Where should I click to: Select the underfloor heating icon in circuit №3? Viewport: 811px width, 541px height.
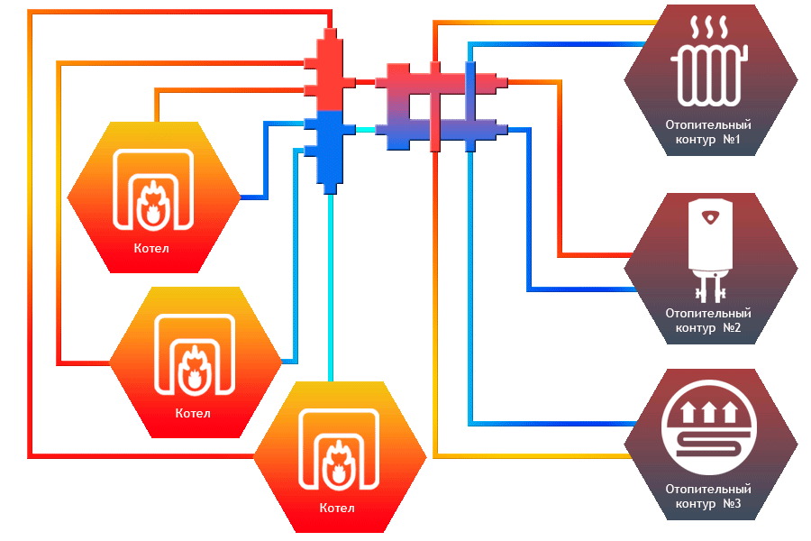[x=710, y=428]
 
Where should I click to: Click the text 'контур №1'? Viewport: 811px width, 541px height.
[x=708, y=141]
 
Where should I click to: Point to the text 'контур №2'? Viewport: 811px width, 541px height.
[x=708, y=327]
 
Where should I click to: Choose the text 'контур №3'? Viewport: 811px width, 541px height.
[x=708, y=503]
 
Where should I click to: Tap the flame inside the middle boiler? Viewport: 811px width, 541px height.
[x=195, y=370]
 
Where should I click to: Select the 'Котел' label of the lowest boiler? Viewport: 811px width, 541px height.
[x=337, y=509]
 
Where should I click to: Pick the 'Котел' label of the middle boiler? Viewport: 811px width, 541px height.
[x=194, y=414]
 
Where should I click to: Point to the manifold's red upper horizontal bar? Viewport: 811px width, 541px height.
[x=436, y=82]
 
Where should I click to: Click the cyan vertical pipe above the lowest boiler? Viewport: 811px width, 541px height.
[x=331, y=289]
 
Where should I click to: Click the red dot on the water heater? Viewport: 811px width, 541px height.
[x=710, y=216]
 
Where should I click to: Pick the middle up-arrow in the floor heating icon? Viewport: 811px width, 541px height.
[x=709, y=413]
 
